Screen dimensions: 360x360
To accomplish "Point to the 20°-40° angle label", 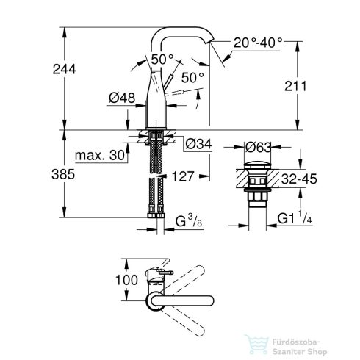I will [259, 43].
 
